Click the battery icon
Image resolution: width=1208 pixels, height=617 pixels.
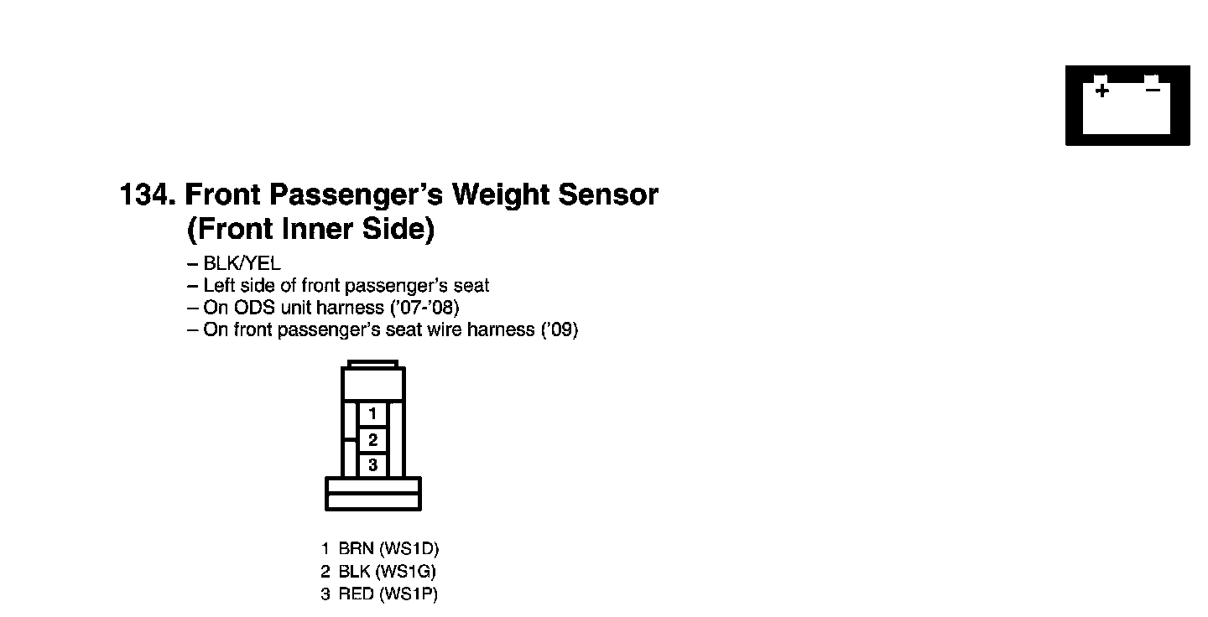(1127, 105)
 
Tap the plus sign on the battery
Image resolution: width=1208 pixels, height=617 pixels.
(1101, 90)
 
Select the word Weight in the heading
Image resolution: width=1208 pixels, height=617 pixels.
(500, 195)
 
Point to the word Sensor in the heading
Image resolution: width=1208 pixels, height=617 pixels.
(608, 195)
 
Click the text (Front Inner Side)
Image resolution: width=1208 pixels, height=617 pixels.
(310, 229)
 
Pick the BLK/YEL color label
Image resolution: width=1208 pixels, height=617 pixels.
(242, 264)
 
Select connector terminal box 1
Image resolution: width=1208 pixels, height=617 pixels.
(372, 413)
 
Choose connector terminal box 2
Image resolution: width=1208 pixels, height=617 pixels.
(372, 439)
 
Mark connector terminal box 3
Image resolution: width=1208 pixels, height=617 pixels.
(372, 465)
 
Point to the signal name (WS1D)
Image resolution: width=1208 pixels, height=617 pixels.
(409, 549)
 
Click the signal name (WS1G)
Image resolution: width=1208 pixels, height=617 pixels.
(407, 573)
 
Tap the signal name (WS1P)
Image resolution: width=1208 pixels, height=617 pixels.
(408, 595)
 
